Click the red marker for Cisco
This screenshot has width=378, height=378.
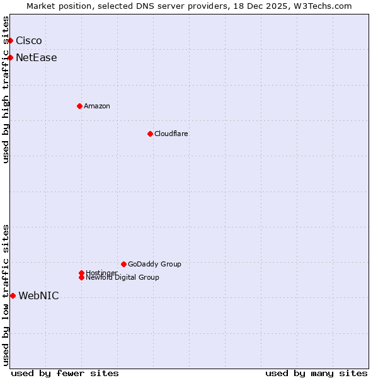pyautogui.click(x=10, y=41)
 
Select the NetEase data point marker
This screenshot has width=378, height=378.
pyautogui.click(x=10, y=58)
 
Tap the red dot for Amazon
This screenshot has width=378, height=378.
pyautogui.click(x=79, y=106)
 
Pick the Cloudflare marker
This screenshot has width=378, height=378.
pyautogui.click(x=150, y=134)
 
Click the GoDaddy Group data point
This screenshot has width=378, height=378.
pyautogui.click(x=123, y=264)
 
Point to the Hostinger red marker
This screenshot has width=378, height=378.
pyautogui.click(x=81, y=273)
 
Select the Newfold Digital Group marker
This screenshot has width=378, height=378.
pyautogui.click(x=81, y=278)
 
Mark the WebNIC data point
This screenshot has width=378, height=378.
pyautogui.click(x=13, y=295)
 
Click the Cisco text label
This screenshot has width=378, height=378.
pyautogui.click(x=29, y=41)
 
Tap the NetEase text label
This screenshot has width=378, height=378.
pyautogui.click(x=37, y=58)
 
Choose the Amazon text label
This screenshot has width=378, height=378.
pyautogui.click(x=97, y=106)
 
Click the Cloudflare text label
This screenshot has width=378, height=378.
pyautogui.click(x=171, y=134)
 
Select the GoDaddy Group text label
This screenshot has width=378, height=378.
pyautogui.click(x=154, y=264)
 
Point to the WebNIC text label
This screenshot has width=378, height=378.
pyautogui.click(x=39, y=296)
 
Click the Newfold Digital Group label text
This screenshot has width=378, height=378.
pyautogui.click(x=123, y=278)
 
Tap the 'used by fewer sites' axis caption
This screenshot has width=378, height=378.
pyautogui.click(x=65, y=373)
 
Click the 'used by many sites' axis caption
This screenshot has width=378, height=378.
pyautogui.click(x=316, y=373)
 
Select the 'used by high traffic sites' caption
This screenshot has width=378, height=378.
pyautogui.click(x=6, y=89)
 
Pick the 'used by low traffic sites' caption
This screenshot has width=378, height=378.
pyautogui.click(x=6, y=295)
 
